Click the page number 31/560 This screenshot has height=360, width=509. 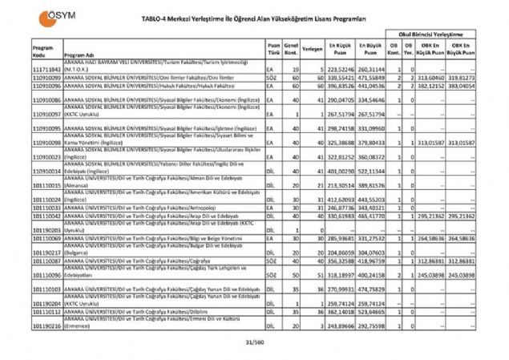(254, 342)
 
